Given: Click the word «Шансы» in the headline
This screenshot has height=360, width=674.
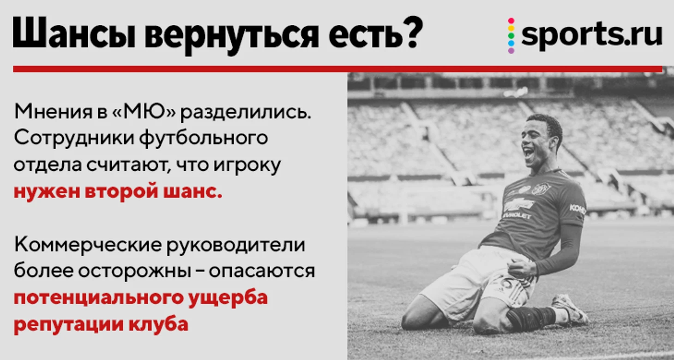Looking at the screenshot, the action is pyautogui.click(x=74, y=33).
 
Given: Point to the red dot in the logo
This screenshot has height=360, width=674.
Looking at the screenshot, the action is pyautogui.click(x=511, y=21).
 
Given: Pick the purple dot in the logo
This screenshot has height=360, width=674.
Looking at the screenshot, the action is pyautogui.click(x=511, y=50).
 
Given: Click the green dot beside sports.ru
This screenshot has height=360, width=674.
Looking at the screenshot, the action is pyautogui.click(x=511, y=36).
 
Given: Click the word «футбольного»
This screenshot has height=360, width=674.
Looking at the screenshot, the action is pyautogui.click(x=204, y=138).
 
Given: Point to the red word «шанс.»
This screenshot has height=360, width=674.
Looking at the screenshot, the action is pyautogui.click(x=193, y=192).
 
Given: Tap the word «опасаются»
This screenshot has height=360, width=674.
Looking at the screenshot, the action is pyautogui.click(x=262, y=271).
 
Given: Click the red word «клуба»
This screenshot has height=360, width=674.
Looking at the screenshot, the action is pyautogui.click(x=158, y=324).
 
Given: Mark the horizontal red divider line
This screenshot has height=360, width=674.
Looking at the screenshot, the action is pyautogui.click(x=337, y=69).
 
